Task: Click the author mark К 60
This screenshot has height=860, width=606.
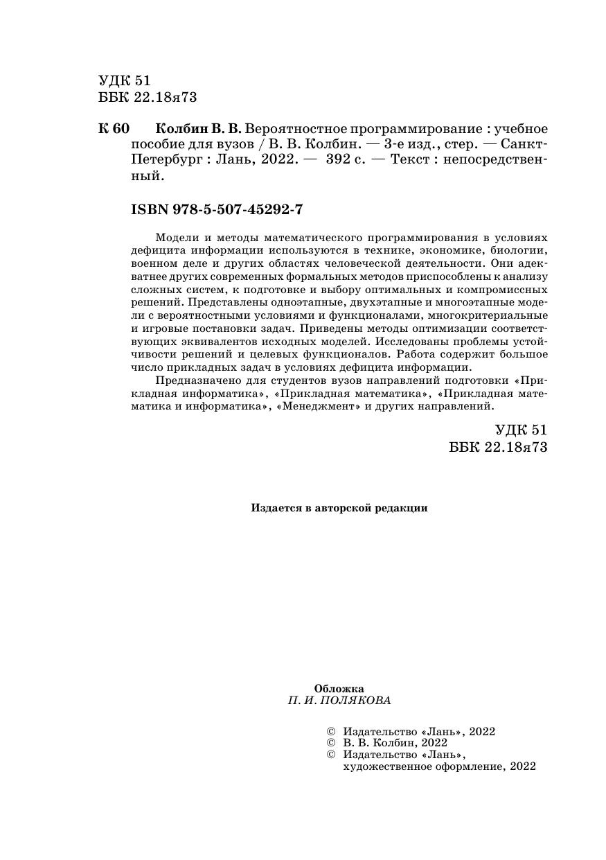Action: pos(114,130)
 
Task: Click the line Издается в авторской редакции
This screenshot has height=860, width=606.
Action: pos(339,508)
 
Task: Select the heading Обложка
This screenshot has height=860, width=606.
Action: pos(339,689)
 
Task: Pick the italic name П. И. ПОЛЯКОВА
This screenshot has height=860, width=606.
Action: pos(339,701)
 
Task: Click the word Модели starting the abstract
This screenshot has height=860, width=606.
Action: pos(176,236)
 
